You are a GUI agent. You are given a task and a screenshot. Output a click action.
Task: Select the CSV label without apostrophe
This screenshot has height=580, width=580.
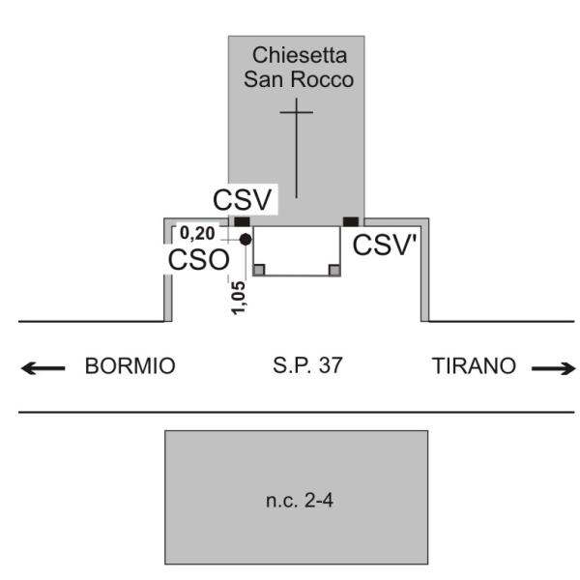(x=245, y=202)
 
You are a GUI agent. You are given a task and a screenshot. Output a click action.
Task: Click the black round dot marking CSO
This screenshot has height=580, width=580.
(x=246, y=239)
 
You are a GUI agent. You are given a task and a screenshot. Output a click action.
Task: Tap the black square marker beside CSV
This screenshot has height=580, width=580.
(x=242, y=221)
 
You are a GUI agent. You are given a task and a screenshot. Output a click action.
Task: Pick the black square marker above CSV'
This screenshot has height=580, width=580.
(x=350, y=221)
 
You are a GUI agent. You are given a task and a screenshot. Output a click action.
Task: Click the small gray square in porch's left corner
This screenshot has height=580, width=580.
(x=258, y=270)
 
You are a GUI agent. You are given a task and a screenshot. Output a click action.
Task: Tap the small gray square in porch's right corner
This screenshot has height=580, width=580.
(x=333, y=270)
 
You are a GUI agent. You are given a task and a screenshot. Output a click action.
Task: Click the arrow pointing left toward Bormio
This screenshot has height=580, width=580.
(x=43, y=367)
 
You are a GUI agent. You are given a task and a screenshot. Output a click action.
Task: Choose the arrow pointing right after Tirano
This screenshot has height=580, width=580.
(x=554, y=367)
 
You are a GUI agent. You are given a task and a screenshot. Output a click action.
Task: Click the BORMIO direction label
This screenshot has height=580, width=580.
(x=130, y=367)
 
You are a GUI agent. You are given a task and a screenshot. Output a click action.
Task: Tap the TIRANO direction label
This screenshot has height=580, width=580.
(x=471, y=367)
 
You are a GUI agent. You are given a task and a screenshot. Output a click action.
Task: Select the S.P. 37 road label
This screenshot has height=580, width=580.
(x=310, y=367)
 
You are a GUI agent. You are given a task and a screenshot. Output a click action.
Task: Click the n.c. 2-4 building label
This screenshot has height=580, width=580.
(x=297, y=501)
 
